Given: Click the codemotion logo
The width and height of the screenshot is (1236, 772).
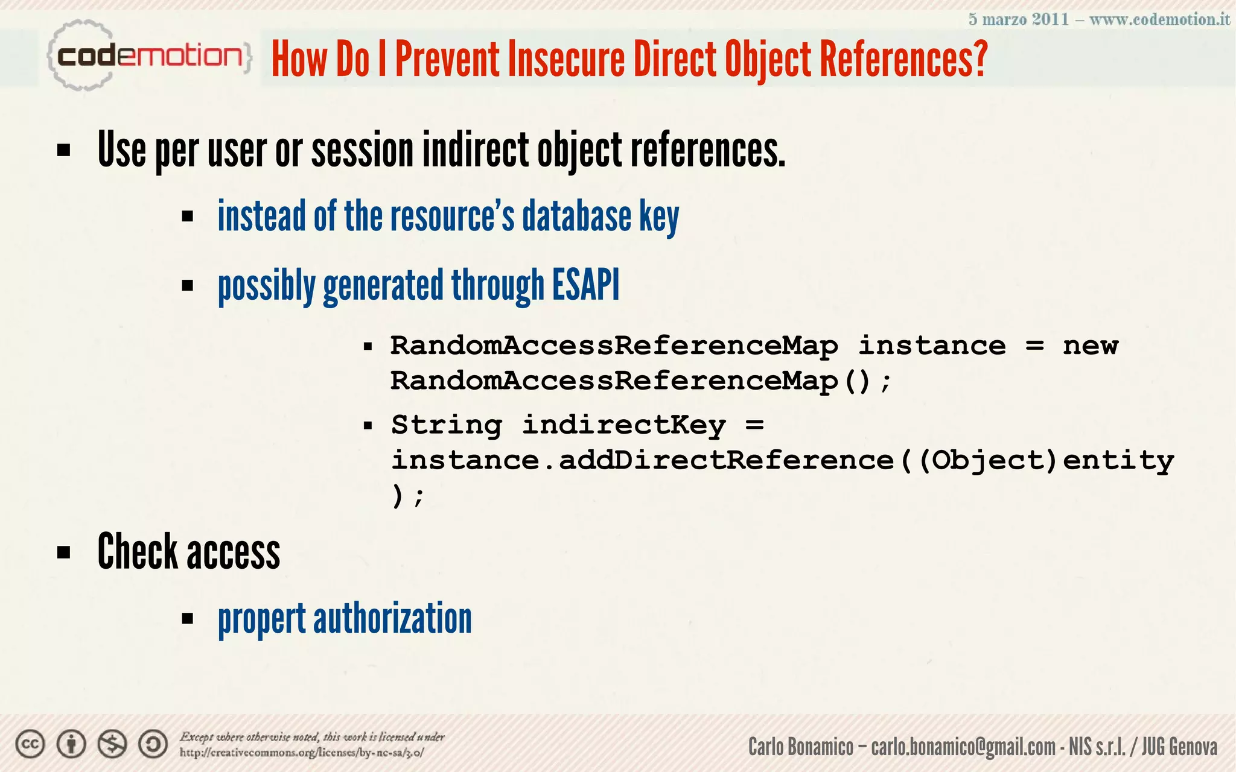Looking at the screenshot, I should [148, 56].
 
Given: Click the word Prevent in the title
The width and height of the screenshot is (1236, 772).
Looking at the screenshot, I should [447, 60].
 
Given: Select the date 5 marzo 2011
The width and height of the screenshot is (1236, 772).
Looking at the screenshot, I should [1019, 19].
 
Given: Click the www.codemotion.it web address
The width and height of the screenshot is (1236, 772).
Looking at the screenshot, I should [1159, 19].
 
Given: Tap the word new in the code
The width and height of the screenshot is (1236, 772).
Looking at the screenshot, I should [1090, 346].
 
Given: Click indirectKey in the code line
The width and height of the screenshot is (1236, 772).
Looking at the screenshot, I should [623, 425].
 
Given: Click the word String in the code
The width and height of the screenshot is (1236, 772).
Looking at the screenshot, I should [447, 425].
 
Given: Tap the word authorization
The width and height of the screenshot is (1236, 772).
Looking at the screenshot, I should [392, 619].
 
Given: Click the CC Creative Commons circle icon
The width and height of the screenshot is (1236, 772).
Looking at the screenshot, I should [30, 744].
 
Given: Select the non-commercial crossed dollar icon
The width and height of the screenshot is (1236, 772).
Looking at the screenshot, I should [112, 744].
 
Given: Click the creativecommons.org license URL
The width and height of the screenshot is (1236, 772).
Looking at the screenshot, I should [302, 753].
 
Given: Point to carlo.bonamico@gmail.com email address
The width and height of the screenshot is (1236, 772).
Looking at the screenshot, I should [963, 747].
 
